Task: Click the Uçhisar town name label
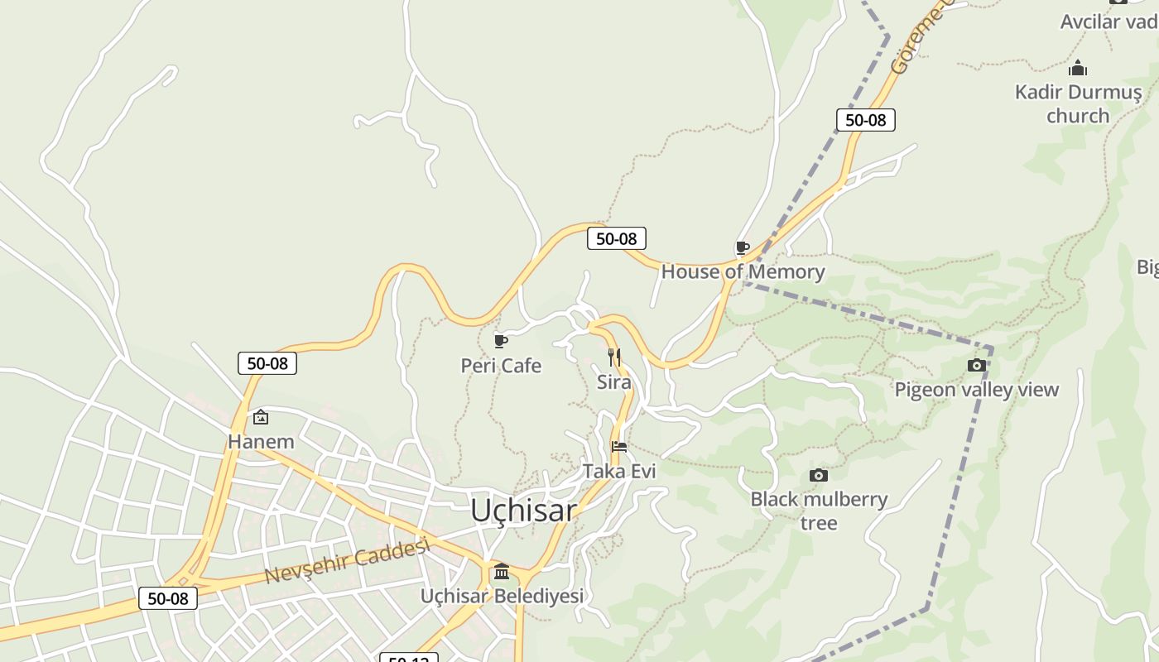coord(523,511)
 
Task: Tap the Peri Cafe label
coord(501,366)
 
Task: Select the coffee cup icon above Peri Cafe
coord(500,341)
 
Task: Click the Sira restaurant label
coord(613,382)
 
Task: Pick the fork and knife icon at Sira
coord(614,357)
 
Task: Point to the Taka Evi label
coord(619,472)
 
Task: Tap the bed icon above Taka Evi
coord(618,447)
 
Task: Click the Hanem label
coord(261,442)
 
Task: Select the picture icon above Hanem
coord(261,417)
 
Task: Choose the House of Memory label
coord(743,271)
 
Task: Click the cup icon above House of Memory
coord(743,247)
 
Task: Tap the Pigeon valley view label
coord(976,389)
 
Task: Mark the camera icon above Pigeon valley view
coord(977,365)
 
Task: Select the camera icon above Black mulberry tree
coord(819,475)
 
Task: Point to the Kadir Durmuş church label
coord(1078,103)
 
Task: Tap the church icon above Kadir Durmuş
coord(1078,68)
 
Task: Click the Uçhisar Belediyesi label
coord(502,596)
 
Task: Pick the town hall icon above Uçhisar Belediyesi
coord(502,572)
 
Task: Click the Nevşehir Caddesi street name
coord(348,561)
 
